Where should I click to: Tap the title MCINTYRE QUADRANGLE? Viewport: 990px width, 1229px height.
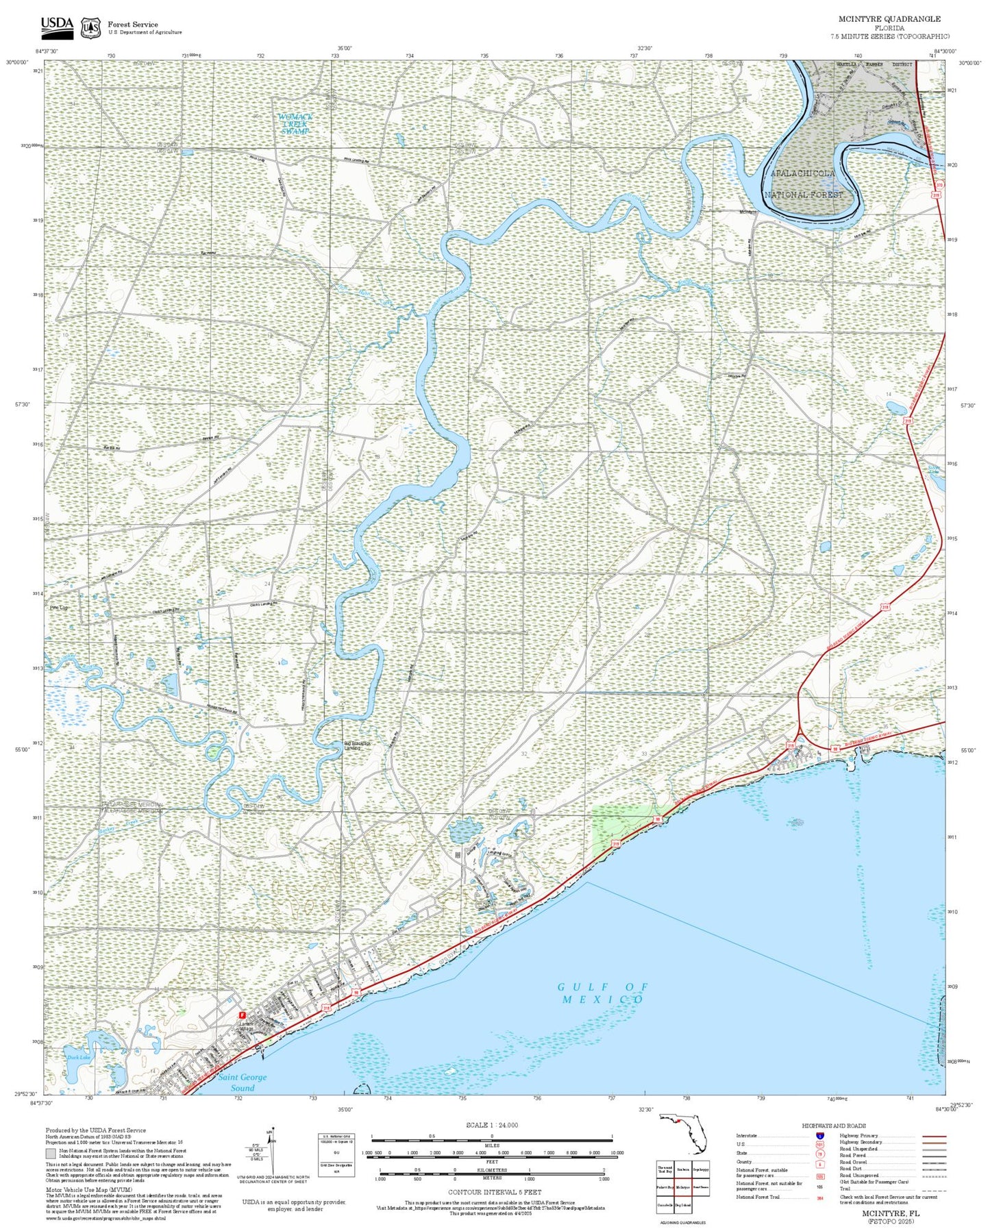click(889, 19)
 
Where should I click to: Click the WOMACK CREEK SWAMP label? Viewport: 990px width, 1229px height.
click(296, 123)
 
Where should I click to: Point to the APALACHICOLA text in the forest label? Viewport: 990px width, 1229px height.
click(803, 173)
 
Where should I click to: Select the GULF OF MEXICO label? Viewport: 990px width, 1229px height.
click(602, 993)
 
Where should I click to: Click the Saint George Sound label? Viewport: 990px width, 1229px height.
click(243, 1082)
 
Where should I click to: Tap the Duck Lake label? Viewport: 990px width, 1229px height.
click(78, 1057)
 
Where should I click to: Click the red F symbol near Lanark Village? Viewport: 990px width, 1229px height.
click(241, 1015)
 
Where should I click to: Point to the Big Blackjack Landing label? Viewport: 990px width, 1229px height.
click(357, 745)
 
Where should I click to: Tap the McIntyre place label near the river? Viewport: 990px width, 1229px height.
click(748, 212)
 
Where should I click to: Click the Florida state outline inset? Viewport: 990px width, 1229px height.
click(682, 1134)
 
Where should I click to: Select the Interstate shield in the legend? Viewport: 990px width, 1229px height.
click(820, 1136)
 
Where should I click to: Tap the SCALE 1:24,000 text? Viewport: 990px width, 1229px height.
click(491, 1125)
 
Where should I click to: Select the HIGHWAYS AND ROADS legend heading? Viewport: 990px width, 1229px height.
click(834, 1126)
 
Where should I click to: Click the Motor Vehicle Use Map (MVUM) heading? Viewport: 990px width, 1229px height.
click(89, 1190)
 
